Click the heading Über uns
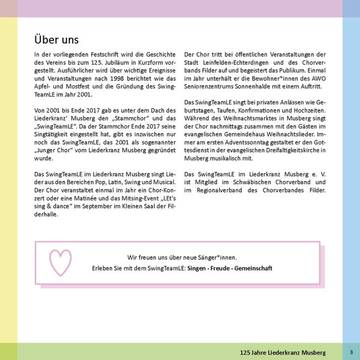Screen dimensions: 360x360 tap(56, 40)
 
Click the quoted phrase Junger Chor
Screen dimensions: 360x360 tap(55, 152)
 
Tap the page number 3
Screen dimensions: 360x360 tap(351, 350)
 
